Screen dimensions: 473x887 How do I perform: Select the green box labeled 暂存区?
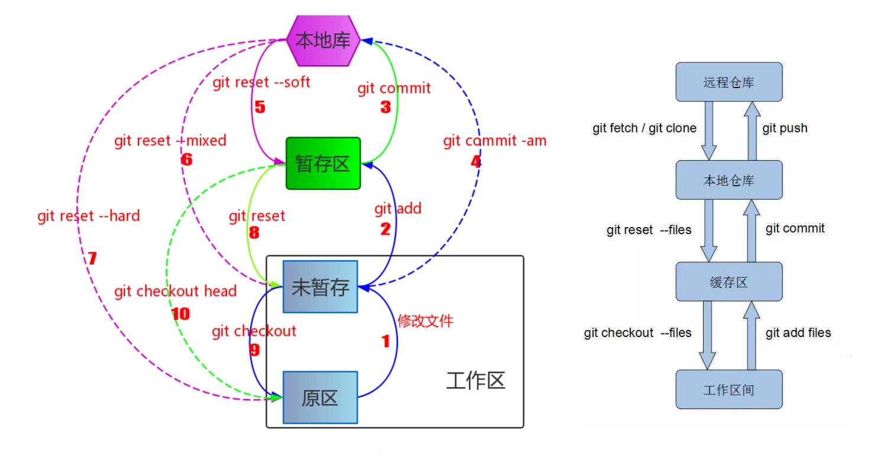323,164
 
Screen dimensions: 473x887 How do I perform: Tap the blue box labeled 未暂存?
321,287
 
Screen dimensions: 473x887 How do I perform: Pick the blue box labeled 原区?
320,397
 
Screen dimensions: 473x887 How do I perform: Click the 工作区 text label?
475,381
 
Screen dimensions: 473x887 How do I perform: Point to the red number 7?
92,258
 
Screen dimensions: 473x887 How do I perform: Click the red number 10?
180,314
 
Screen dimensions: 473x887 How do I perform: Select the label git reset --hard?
88,216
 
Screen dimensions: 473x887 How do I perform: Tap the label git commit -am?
495,141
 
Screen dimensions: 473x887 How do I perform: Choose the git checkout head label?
176,291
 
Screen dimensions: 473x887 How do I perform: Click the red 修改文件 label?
425,321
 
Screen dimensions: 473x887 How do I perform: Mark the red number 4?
476,161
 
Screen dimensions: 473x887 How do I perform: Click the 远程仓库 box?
729,82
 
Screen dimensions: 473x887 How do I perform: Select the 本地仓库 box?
729,180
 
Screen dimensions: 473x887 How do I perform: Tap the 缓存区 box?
729,281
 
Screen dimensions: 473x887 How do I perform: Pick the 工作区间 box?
729,389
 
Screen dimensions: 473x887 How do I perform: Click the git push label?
785,128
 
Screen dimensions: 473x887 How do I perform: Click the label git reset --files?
649,230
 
